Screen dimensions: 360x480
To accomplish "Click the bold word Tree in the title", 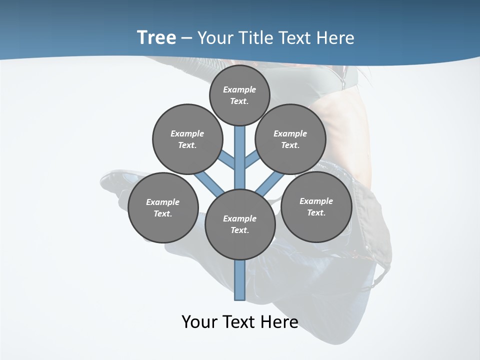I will (x=156, y=38).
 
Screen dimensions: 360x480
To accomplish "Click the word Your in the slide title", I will (x=215, y=38).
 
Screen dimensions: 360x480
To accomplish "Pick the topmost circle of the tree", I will (x=239, y=95).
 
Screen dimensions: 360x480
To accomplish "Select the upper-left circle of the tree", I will (x=187, y=139).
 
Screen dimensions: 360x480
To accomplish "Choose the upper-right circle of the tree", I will (x=290, y=139).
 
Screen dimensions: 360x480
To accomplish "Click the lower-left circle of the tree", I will (x=163, y=208).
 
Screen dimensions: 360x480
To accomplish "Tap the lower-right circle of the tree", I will (x=316, y=207).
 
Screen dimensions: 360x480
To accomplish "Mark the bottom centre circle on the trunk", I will (x=240, y=224).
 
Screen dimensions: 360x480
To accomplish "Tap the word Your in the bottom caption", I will (x=198, y=322).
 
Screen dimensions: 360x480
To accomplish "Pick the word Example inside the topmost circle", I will (x=239, y=89).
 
